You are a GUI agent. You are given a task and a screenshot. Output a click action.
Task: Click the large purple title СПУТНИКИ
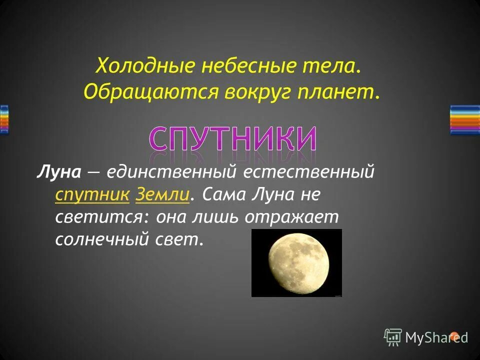[x=233, y=137]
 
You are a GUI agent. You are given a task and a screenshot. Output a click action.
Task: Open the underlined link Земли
[x=162, y=194]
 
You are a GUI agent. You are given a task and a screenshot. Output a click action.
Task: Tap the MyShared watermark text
[x=436, y=337]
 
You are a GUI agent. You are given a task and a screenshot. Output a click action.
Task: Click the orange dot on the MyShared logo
[x=454, y=335]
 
